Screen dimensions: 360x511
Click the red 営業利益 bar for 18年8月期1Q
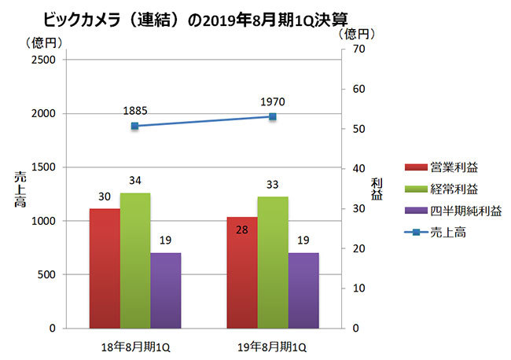click(x=105, y=268)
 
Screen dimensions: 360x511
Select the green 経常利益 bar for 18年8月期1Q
click(x=135, y=260)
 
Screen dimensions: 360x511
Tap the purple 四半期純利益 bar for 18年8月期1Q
click(x=166, y=290)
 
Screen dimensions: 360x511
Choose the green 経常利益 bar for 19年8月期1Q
click(x=273, y=262)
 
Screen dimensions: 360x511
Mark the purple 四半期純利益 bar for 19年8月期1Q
click(x=303, y=290)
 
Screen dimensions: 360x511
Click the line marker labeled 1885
click(x=135, y=126)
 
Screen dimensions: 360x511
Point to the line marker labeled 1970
click(x=273, y=116)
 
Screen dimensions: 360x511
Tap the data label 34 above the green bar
click(x=135, y=181)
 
